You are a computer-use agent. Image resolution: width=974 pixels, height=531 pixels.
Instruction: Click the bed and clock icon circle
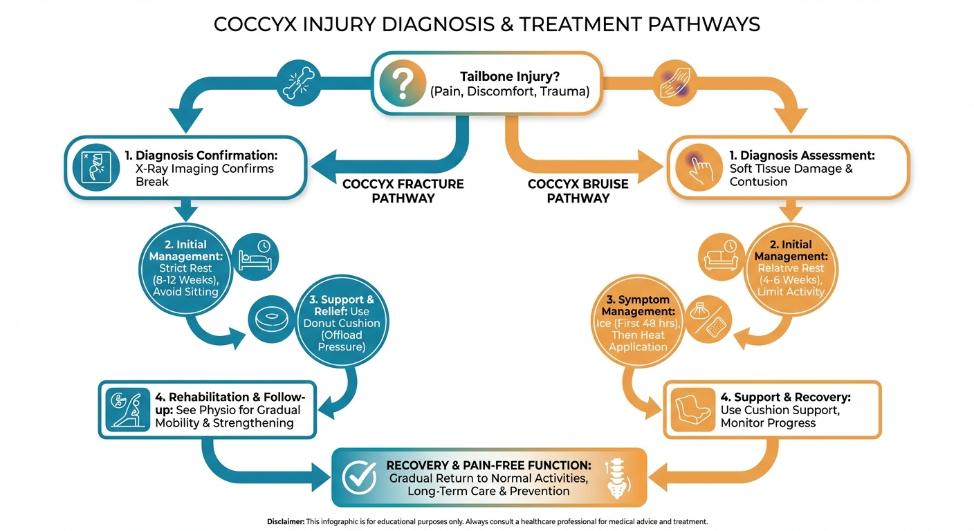257,257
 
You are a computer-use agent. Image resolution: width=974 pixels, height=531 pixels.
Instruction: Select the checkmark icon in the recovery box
360,478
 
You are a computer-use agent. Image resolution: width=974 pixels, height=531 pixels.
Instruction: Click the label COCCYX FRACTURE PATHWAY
403,191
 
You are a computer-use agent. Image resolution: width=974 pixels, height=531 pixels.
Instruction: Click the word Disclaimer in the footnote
285,521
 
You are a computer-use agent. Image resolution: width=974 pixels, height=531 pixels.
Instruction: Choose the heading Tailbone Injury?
511,77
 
